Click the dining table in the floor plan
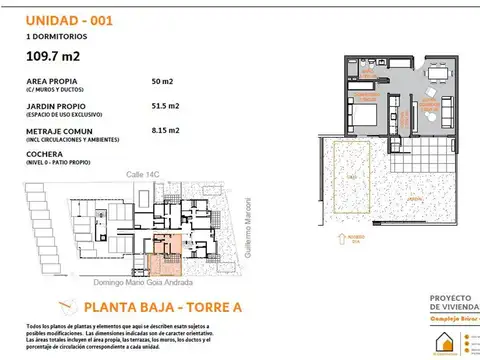coord(441,74)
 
